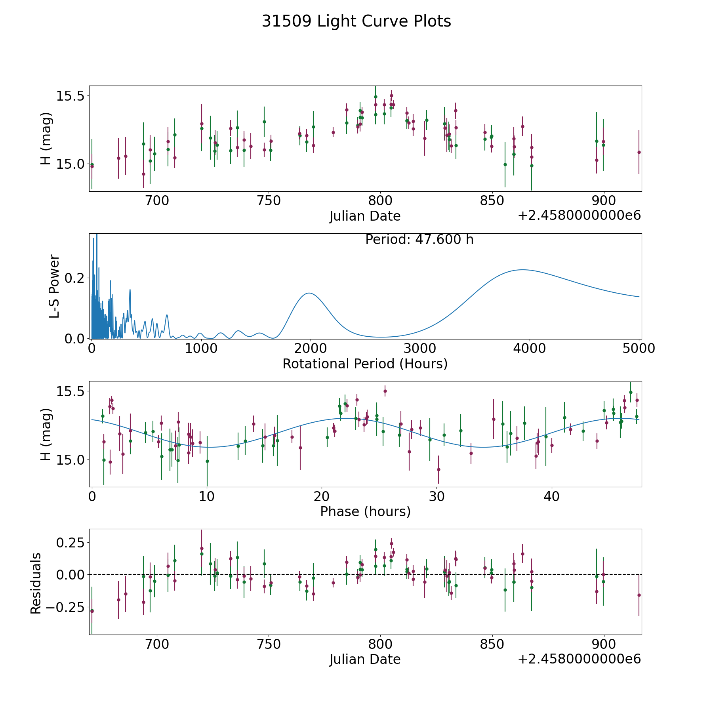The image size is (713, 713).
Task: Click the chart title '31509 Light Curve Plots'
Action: (x=356, y=21)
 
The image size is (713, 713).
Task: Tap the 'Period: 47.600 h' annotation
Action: (x=419, y=240)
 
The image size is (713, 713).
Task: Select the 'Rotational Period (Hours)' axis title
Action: (x=365, y=364)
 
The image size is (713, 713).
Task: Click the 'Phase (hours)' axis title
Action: (x=365, y=511)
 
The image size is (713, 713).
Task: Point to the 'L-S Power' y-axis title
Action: (x=54, y=286)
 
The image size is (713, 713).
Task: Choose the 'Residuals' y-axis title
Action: (x=36, y=583)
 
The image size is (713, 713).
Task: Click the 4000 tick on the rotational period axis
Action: (x=529, y=349)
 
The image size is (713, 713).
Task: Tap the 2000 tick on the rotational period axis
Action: (x=310, y=349)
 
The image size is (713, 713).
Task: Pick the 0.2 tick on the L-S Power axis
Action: (x=75, y=278)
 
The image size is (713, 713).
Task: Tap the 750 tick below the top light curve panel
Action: (x=269, y=201)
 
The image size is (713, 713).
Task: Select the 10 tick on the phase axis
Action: (x=207, y=496)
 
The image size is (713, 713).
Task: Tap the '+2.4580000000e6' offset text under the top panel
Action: (x=579, y=216)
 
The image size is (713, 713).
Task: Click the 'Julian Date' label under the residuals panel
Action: (x=365, y=660)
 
